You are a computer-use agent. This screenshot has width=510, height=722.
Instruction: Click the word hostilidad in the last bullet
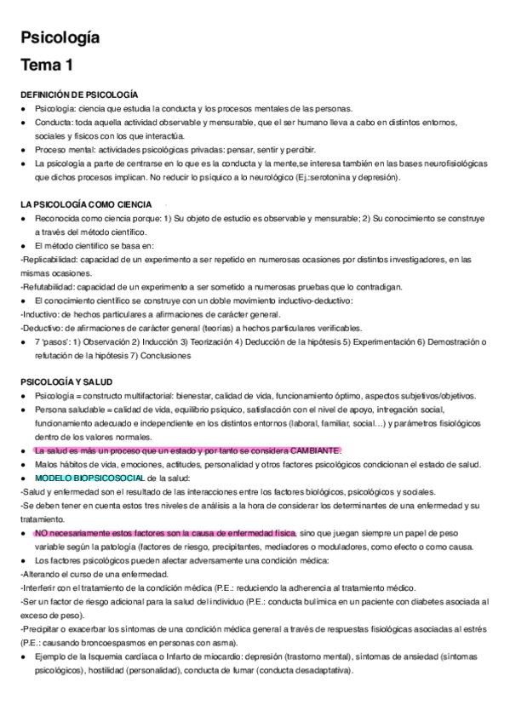coord(120,671)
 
